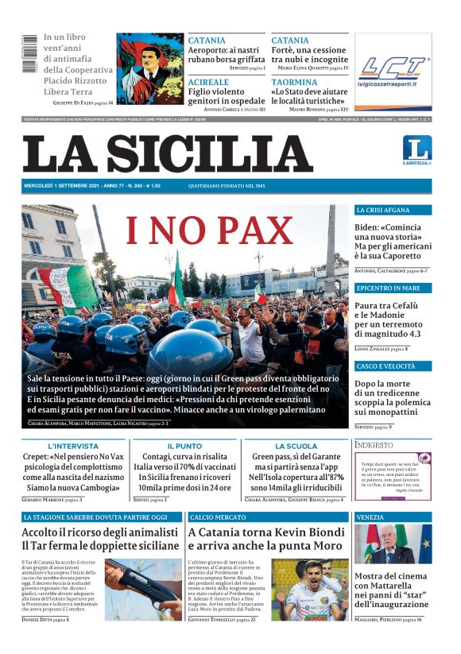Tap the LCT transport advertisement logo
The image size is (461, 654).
393,71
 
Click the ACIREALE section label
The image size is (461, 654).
209,83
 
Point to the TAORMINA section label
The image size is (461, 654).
294,83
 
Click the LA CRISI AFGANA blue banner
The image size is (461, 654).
383,211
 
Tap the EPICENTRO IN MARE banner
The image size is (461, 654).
389,288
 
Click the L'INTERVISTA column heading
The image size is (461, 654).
72,447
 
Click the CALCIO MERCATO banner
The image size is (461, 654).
219,517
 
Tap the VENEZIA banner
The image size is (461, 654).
370,517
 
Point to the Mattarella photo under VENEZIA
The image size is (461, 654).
393,544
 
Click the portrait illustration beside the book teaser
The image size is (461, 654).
150,69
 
